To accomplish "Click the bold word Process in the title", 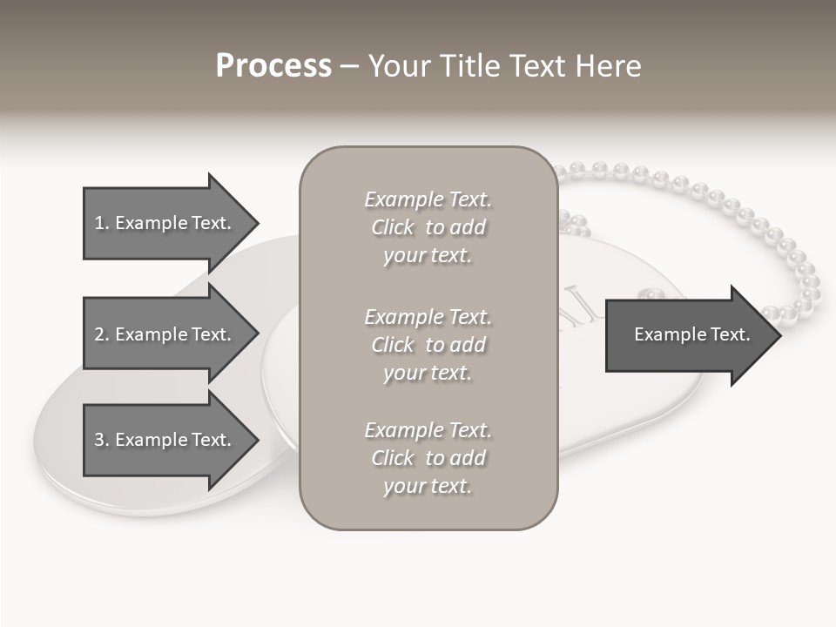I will coord(273,66).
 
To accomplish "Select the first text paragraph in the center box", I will coord(428,227).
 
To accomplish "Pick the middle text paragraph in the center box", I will coord(428,345).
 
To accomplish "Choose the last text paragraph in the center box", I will coord(428,458).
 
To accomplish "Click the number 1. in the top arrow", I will coord(102,223).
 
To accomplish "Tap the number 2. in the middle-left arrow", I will coord(102,334).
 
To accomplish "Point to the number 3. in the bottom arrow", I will coord(102,440).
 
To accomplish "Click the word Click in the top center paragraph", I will coord(393,227).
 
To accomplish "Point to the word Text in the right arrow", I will coord(730,334).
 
